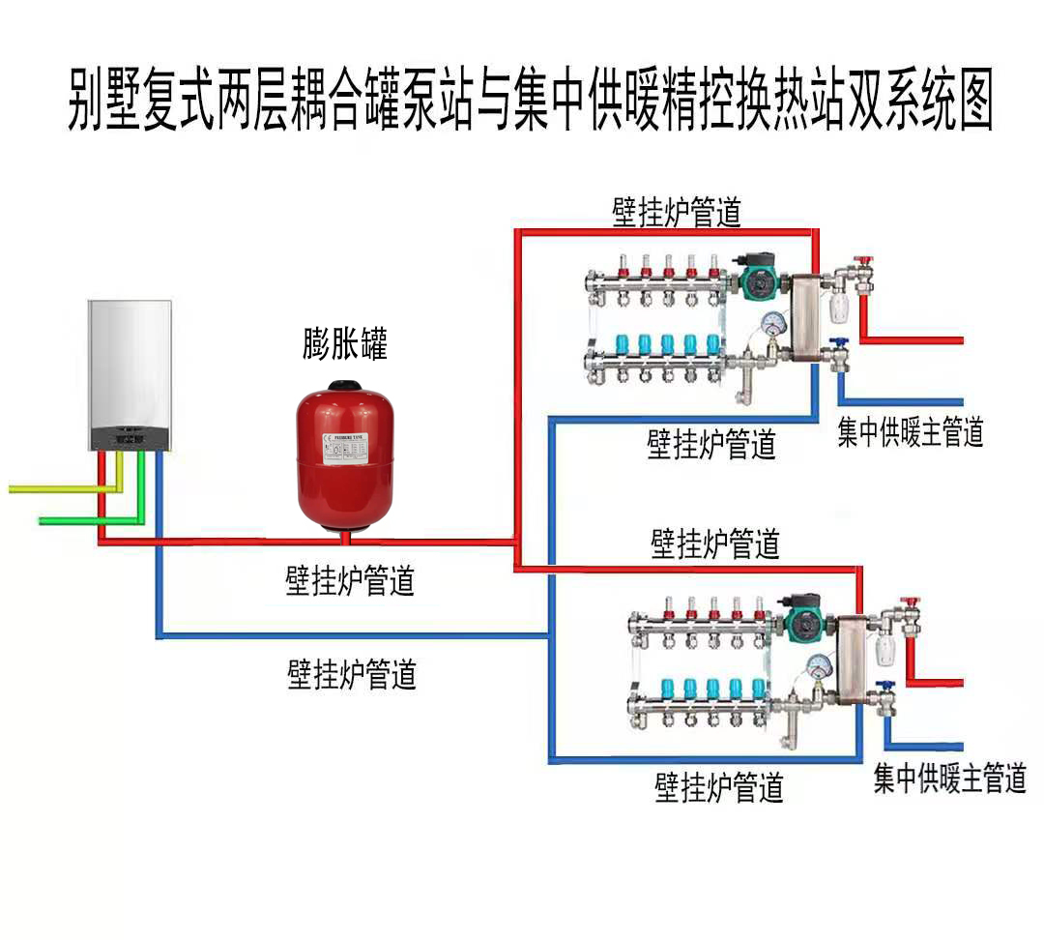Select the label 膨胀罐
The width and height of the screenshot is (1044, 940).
click(x=344, y=344)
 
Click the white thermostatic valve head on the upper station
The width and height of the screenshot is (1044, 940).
click(x=839, y=308)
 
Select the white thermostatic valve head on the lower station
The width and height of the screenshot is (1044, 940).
click(x=884, y=649)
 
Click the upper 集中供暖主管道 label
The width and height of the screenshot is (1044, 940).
click(x=910, y=432)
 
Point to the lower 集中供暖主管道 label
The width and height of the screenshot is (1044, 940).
click(x=949, y=778)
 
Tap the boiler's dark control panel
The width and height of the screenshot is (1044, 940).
click(x=130, y=439)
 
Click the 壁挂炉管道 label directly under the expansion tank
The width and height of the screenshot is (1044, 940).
click(x=350, y=581)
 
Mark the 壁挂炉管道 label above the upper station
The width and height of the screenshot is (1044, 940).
click(x=677, y=213)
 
